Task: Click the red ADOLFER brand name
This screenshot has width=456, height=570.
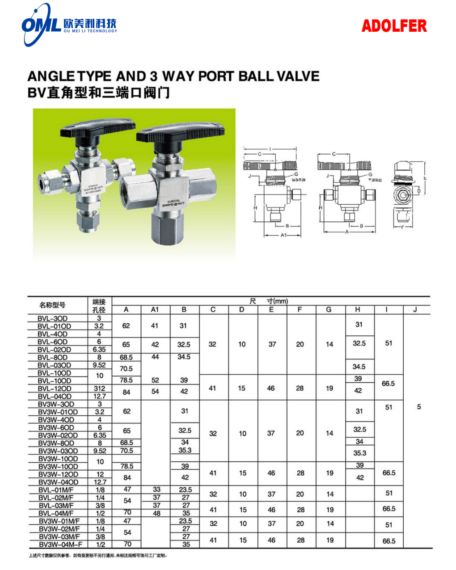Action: click(x=394, y=26)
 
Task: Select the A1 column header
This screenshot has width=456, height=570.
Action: click(x=155, y=309)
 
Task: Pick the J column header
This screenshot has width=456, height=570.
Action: click(x=415, y=309)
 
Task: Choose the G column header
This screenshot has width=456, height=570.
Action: click(x=329, y=309)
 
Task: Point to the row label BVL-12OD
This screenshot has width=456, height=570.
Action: click(x=55, y=388)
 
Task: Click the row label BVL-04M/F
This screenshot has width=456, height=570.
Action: click(x=56, y=513)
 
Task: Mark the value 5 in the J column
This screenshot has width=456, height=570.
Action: click(x=419, y=407)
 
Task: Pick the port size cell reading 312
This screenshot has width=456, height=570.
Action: click(x=100, y=388)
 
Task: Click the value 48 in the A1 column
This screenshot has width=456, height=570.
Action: click(x=156, y=513)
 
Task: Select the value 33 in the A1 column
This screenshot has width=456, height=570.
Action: click(x=156, y=490)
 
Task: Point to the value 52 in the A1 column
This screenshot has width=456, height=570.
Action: click(x=155, y=380)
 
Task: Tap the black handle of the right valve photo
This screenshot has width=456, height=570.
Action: click(x=180, y=133)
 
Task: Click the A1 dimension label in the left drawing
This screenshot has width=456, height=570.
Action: click(x=283, y=235)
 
